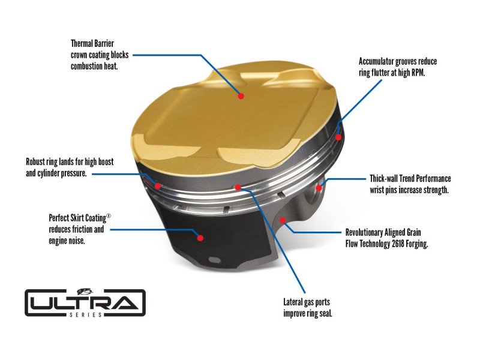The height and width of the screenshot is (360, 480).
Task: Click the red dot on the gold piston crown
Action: tap(241, 95)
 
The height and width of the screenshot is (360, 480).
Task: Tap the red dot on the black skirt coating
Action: tap(200, 238)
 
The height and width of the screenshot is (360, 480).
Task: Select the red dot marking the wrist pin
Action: tap(319, 188)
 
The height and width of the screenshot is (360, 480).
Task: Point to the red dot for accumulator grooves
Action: tap(338, 137)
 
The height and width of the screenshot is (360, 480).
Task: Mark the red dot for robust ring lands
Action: tap(158, 185)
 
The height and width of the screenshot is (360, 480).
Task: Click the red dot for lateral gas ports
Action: tap(238, 187)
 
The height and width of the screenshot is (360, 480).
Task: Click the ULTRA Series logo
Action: tap(85, 302)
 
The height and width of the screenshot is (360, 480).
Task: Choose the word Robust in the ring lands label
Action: tap(38, 162)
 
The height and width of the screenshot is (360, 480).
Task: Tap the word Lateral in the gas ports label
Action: tap(295, 302)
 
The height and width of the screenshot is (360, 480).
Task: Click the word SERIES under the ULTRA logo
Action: tap(85, 313)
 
